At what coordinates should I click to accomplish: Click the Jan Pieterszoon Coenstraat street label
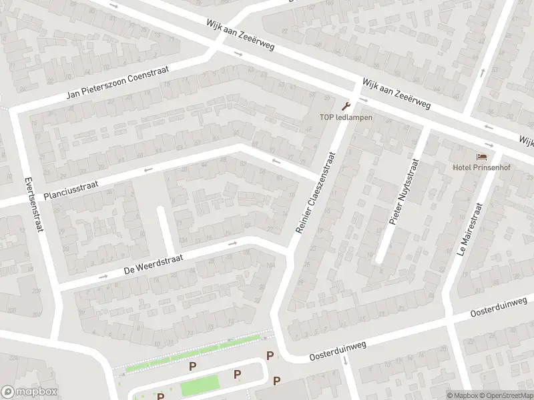click(117, 83)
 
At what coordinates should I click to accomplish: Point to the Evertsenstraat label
click(31, 205)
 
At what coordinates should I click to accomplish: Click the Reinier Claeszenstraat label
click(314, 191)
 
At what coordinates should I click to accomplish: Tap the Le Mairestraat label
click(468, 229)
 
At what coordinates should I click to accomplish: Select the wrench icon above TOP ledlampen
click(345, 106)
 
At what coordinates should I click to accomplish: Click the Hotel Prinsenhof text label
click(481, 167)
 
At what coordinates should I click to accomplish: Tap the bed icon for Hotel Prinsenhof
click(481, 157)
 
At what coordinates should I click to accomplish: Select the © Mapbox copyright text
click(463, 395)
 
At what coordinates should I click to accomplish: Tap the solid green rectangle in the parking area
click(200, 385)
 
